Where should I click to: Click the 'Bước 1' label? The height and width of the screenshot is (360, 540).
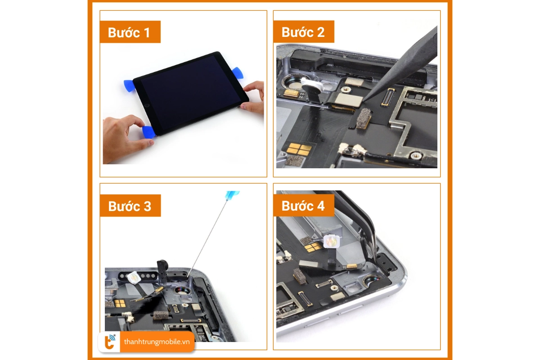[x=130, y=32]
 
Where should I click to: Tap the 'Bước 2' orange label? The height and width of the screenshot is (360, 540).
[x=303, y=32]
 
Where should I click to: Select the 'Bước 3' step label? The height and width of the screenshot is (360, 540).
[x=130, y=206]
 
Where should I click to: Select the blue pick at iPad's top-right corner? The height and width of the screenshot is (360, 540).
[x=237, y=73]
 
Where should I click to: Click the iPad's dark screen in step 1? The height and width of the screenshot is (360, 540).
[x=189, y=90]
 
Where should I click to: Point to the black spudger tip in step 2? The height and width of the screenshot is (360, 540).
[x=367, y=99]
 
